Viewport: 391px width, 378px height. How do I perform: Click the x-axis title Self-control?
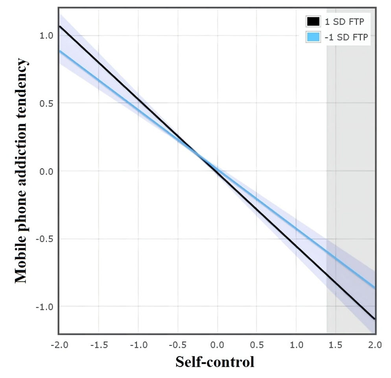point(215,362)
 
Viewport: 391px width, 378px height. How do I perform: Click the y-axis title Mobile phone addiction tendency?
point(21,171)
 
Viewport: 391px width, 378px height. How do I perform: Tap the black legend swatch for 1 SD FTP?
point(313,21)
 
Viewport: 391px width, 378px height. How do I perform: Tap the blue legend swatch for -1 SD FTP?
point(313,36)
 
